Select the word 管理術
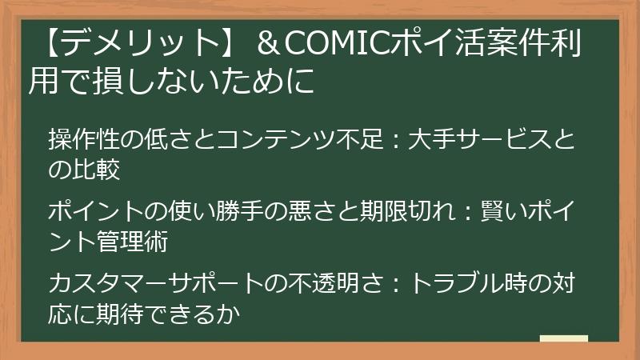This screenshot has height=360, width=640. click(129, 240)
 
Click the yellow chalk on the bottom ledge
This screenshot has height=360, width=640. click(564, 339)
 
